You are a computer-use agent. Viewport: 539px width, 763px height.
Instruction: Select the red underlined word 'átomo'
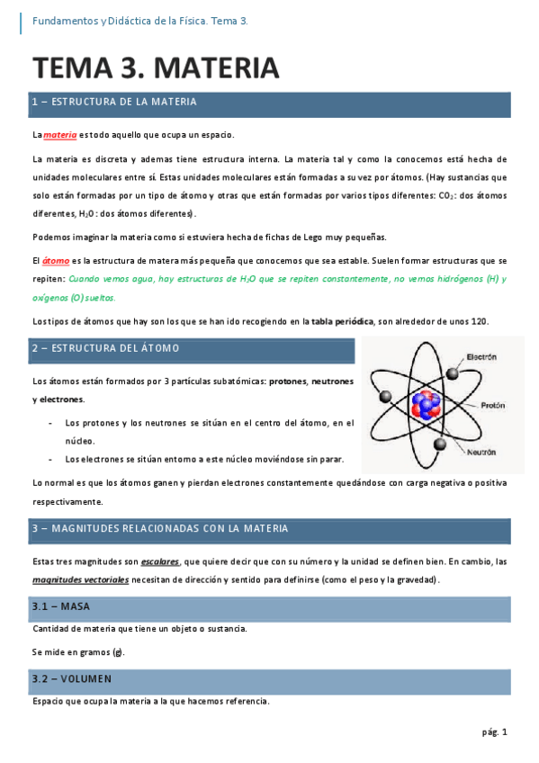pos(56,261)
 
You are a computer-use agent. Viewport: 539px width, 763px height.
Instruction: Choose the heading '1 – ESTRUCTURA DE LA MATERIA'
pos(113,103)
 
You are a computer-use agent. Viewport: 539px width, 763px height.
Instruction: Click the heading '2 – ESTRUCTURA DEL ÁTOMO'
pos(105,347)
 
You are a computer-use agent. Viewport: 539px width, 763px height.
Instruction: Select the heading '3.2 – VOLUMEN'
pos(72,678)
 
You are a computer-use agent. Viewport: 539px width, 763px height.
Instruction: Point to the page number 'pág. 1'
pos(494,732)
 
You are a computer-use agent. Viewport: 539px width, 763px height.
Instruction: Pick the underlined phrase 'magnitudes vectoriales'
pos(80,579)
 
